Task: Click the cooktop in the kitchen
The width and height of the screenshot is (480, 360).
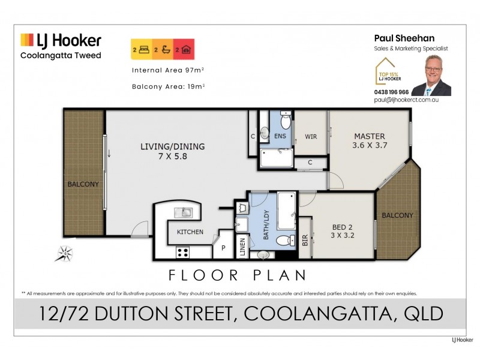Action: click(182, 251)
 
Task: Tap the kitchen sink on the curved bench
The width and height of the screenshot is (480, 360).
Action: click(182, 212)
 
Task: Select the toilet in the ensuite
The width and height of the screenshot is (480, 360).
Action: click(286, 122)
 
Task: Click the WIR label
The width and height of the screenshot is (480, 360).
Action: click(310, 137)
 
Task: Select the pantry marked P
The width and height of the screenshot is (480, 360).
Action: click(223, 247)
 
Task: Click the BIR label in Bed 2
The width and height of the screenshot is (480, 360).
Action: click(305, 241)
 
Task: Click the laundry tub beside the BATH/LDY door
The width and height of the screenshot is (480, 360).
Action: click(243, 208)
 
